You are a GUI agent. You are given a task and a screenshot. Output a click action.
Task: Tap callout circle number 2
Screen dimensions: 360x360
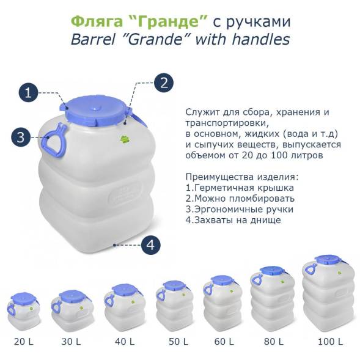click(x=163, y=83)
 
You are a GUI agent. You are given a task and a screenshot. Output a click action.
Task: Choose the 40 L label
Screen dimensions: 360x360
click(x=121, y=340)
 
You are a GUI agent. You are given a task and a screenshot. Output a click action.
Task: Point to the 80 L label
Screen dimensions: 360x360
click(x=270, y=340)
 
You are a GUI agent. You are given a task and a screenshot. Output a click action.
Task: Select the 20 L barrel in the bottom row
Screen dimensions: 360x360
click(x=24, y=311)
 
